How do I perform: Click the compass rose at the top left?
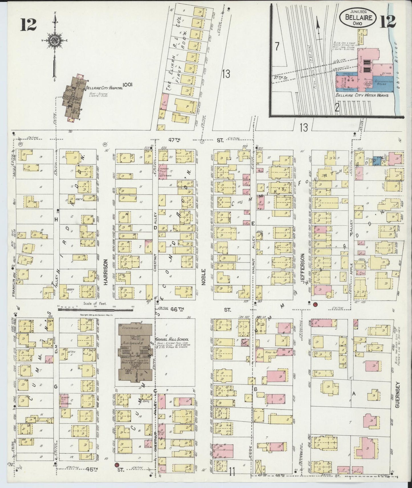point(54,41)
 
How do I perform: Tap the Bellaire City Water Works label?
point(362,95)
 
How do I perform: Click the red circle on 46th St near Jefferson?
point(315,304)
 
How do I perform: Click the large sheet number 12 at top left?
point(28,24)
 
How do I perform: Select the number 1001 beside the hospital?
point(128,84)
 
